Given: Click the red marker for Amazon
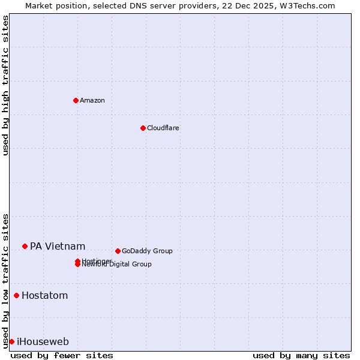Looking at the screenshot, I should [x=76, y=100].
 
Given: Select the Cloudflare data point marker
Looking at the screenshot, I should [x=143, y=128].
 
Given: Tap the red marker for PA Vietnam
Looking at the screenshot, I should [x=25, y=246].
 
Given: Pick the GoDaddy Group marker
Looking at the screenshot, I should [x=118, y=251].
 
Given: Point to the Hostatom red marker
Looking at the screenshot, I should [x=16, y=295].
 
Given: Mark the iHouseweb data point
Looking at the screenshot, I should [x=11, y=341].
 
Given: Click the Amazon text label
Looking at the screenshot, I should [x=92, y=100].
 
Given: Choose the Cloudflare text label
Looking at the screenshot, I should [x=163, y=128].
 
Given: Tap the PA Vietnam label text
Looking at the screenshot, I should [x=58, y=246].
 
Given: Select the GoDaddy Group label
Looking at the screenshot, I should [x=147, y=251].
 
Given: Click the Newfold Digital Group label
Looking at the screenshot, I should [x=117, y=265].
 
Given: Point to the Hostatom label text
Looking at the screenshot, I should [x=44, y=295].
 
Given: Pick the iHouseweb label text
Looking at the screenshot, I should [x=43, y=341].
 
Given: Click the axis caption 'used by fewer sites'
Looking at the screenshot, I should [x=62, y=355].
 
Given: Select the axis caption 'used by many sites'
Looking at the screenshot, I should [x=301, y=355].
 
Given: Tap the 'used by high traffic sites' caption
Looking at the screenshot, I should [x=5, y=85].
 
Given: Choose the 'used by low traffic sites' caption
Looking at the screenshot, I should [x=5, y=280].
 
